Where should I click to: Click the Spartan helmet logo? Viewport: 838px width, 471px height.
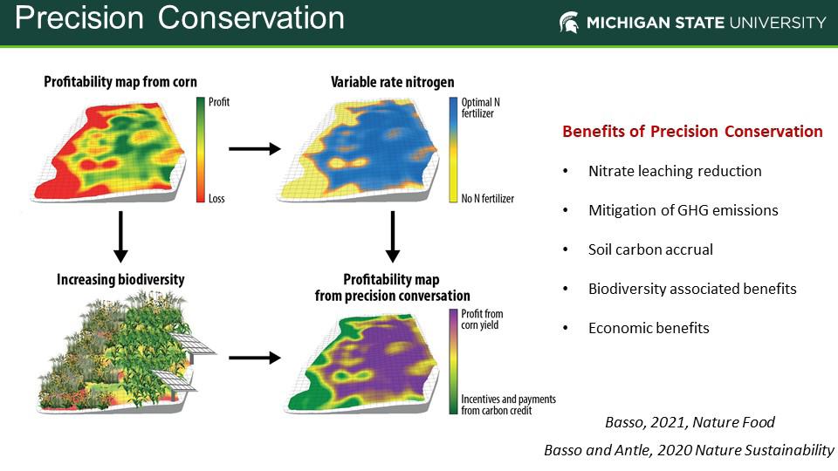568,23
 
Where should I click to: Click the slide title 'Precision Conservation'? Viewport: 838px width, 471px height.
180,17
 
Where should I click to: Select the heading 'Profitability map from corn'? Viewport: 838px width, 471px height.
120,82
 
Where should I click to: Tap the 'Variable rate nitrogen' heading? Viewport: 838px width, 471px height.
392,82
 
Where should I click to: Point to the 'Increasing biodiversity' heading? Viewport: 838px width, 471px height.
120,279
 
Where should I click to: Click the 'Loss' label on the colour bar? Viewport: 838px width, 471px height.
216,199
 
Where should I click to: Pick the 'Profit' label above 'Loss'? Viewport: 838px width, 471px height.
218,102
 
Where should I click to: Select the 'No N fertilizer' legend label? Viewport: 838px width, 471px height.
487,199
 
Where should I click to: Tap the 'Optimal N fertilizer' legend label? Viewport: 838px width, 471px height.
480,107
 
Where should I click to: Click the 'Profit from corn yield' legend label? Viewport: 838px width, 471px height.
482,319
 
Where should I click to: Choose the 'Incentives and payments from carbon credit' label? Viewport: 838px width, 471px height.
508,405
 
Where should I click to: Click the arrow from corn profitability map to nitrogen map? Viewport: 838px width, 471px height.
255,148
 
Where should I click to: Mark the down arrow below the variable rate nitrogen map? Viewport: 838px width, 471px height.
392,236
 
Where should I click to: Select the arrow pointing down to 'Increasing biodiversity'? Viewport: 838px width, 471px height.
120,236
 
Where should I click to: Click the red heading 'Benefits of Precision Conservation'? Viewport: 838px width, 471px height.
692,132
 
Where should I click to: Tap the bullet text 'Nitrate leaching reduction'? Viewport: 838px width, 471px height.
675,171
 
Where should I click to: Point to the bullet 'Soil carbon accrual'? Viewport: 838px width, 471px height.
650,249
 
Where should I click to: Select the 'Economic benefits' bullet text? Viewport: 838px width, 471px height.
649,328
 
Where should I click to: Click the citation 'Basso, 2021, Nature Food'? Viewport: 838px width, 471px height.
690,422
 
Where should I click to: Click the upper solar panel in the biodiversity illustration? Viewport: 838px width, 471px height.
193,345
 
